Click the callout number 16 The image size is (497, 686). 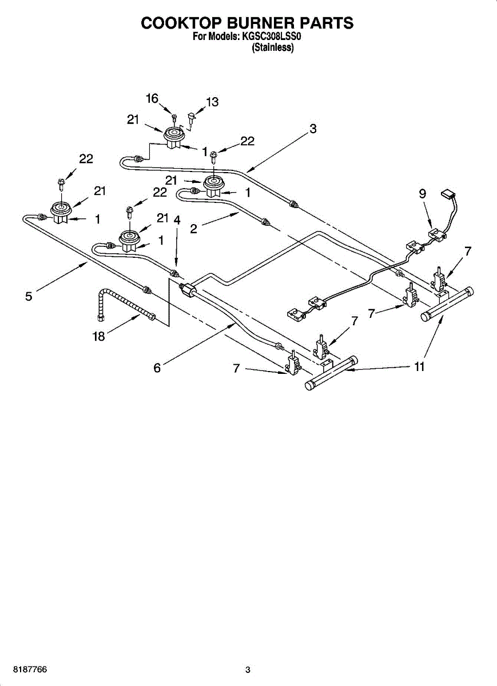152,99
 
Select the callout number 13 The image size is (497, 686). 212,102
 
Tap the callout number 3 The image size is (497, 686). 313,129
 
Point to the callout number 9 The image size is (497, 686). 422,194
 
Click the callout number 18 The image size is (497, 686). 99,336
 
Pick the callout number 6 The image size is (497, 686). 157,368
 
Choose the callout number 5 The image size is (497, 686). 29,296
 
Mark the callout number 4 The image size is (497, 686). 177,220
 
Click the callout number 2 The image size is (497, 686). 194,229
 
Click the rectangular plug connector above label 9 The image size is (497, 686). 448,196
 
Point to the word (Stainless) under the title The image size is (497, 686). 273,49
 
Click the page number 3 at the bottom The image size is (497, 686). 248,669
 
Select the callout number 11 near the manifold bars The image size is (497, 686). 419,366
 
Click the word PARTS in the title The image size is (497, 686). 324,23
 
